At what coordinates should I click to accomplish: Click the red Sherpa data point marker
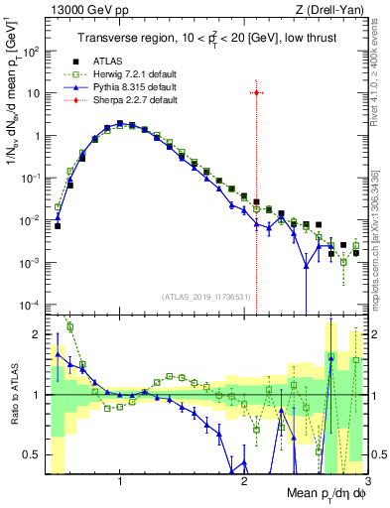(256, 93)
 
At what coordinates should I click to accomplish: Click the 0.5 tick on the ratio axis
(38, 455)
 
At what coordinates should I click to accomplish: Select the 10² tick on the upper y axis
(37, 51)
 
